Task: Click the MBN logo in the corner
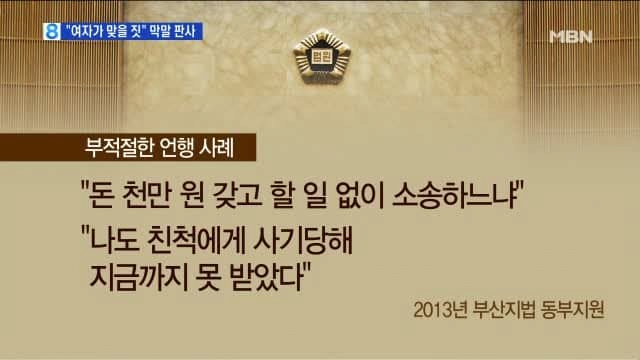571,36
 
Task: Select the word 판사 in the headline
187,31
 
